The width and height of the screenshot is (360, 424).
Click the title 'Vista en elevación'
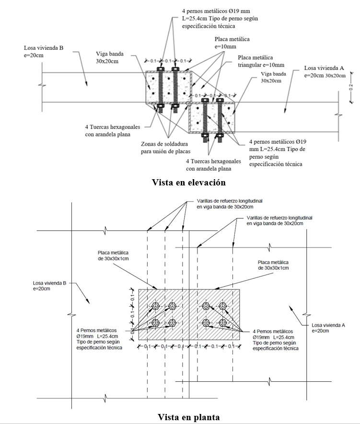click(188, 183)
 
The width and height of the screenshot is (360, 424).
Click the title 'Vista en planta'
click(188, 417)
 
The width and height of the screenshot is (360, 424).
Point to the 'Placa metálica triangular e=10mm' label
click(261, 61)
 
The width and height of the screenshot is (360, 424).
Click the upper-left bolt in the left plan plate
click(155, 306)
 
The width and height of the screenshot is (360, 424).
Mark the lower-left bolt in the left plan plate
click(155, 322)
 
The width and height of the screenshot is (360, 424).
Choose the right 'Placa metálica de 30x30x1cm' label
click(273, 265)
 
